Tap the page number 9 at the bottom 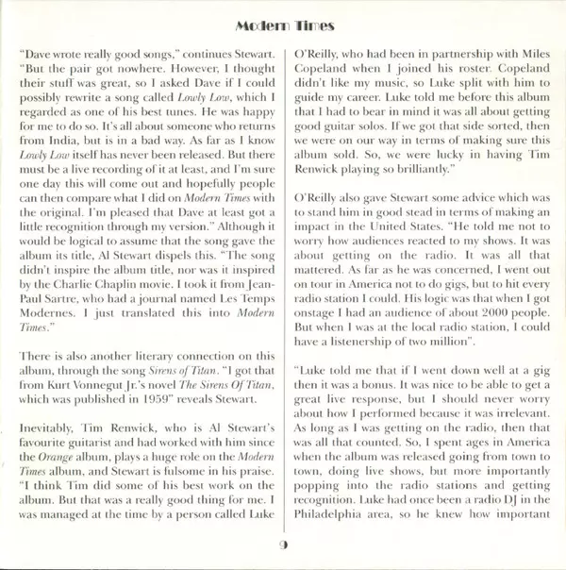click(283, 546)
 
